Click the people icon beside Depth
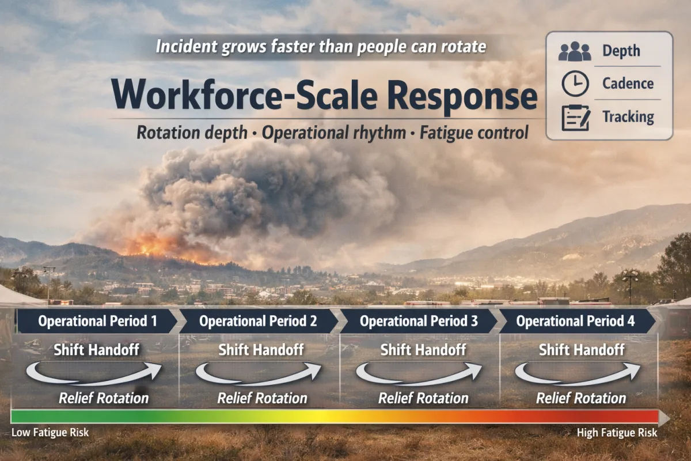575,52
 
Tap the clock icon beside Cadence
575,84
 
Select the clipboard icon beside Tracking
575,117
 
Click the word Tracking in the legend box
628,117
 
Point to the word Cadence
628,84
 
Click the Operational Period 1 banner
97,321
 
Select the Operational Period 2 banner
258,321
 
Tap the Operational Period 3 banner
419,321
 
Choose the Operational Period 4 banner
576,321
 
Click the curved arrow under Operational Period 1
94,373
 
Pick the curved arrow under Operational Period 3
419,373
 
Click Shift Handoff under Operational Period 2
261,349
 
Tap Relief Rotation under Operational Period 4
581,398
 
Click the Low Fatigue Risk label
50,432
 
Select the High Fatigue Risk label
617,432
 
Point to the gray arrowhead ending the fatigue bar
663,417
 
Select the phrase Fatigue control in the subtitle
473,133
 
